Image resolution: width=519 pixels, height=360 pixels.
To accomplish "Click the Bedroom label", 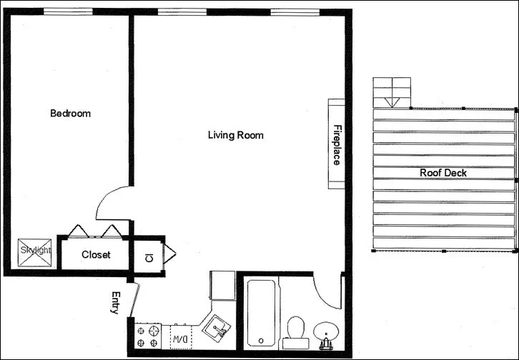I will click(x=70, y=114).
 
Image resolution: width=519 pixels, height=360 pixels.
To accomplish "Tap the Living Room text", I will click(x=235, y=134).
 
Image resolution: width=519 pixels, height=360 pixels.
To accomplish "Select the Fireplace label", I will click(x=336, y=145).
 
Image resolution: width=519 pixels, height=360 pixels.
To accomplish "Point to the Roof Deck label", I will click(x=443, y=173).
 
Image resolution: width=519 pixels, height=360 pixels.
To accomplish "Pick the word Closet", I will click(x=96, y=255).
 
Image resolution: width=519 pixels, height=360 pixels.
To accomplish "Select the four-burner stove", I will click(x=149, y=336).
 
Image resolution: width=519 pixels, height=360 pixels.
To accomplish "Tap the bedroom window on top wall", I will click(x=68, y=11).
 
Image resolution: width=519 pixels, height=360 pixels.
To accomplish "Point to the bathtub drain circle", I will click(x=261, y=340).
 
